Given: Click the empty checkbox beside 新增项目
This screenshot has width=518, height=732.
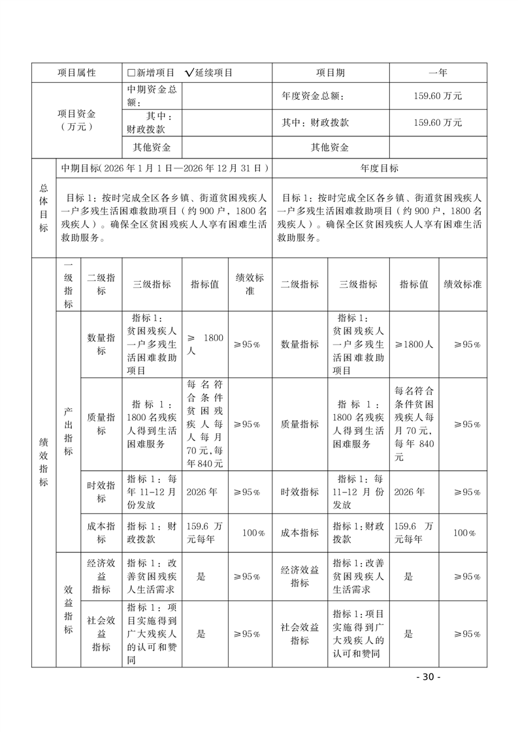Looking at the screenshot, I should tap(131, 73).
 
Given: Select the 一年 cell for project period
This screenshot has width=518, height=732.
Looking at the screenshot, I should tap(438, 73).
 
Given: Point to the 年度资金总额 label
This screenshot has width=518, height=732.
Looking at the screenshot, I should tap(312, 95).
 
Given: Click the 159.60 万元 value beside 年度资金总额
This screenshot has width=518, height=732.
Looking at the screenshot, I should tap(438, 95).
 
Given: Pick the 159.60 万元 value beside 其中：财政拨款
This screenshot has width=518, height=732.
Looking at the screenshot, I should tap(438, 122).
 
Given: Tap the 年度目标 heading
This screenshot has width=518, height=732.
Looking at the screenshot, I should tap(380, 168).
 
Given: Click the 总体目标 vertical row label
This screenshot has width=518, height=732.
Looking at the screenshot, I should tap(43, 207).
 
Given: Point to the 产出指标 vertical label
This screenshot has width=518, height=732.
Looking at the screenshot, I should tap(68, 431).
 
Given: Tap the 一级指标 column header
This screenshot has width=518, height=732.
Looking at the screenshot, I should tap(68, 284).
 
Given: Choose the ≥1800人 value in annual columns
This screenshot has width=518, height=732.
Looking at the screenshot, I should tap(414, 344).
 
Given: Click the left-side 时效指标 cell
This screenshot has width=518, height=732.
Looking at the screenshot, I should tap(101, 492).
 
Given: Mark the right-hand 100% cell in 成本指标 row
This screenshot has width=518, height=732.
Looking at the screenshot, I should tap(463, 533).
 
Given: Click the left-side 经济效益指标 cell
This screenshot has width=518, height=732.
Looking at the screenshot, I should tap(101, 577).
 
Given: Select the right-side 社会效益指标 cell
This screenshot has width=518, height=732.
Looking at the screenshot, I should tap(300, 633).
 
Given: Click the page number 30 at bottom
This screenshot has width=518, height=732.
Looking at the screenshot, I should tap(428, 677).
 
